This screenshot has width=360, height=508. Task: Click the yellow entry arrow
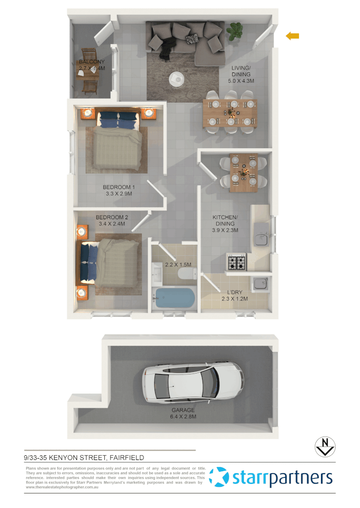point(293,36)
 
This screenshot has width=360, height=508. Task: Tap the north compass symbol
point(324,446)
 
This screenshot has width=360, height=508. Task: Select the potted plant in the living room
point(234,32)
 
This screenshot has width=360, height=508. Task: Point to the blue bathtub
point(174,299)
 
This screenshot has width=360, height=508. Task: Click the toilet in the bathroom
point(188,273)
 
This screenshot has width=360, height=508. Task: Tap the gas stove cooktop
point(236,262)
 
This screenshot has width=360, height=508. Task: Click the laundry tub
point(260,284)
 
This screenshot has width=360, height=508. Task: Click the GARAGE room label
point(183,410)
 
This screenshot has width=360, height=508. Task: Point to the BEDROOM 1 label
point(118,187)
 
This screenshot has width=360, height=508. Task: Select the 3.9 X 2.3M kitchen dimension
point(226,230)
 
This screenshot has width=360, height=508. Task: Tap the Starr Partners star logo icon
point(219,477)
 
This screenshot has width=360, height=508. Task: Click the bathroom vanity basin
point(157,272)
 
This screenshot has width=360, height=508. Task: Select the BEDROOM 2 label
point(112,217)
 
